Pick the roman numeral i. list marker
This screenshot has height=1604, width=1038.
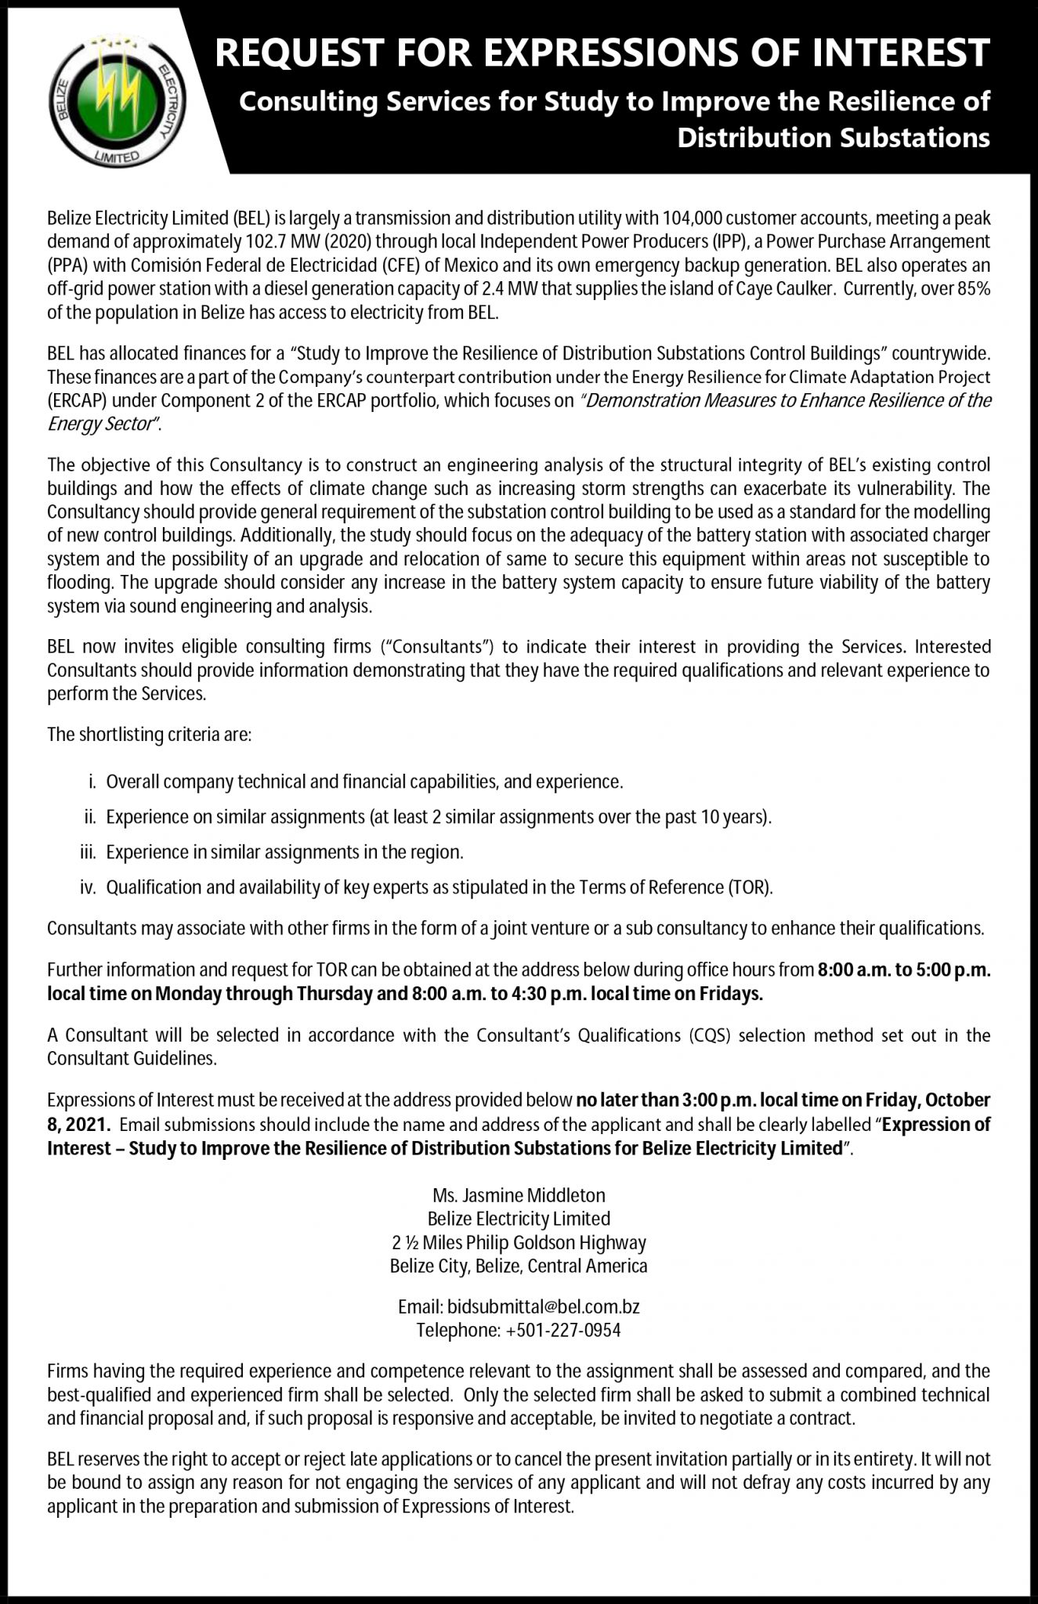click(92, 782)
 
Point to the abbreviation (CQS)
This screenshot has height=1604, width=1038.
click(710, 1035)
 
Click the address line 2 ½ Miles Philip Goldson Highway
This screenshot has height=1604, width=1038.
click(519, 1242)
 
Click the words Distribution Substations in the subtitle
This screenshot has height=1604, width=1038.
click(834, 138)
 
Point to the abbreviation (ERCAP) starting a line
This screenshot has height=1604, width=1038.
click(76, 401)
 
